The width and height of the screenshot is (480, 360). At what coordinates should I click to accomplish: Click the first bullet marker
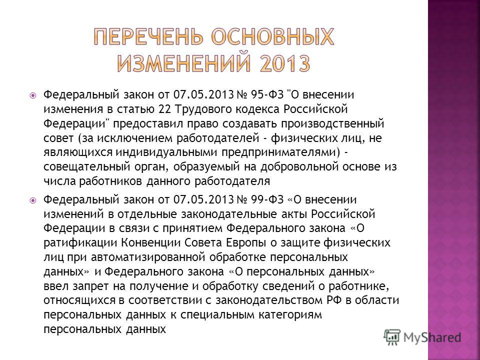(33, 95)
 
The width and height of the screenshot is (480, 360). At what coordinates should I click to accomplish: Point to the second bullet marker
(33, 200)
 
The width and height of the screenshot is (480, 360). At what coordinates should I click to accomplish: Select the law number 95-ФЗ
(267, 95)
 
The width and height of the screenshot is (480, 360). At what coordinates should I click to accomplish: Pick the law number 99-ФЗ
(267, 199)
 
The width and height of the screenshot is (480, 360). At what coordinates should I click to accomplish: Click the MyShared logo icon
(393, 337)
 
